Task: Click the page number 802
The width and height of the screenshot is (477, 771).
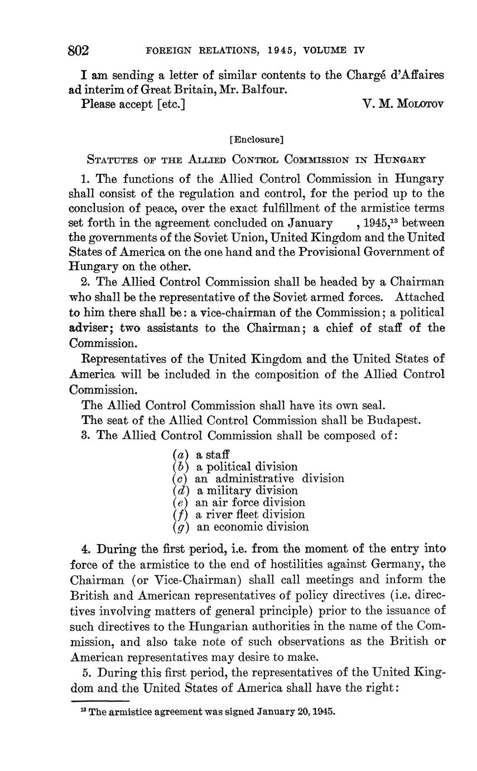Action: [79, 50]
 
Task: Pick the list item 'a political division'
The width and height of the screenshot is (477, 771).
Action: [247, 467]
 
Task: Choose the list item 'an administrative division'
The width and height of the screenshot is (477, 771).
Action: [269, 479]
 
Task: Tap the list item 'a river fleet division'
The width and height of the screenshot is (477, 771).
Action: [250, 515]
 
